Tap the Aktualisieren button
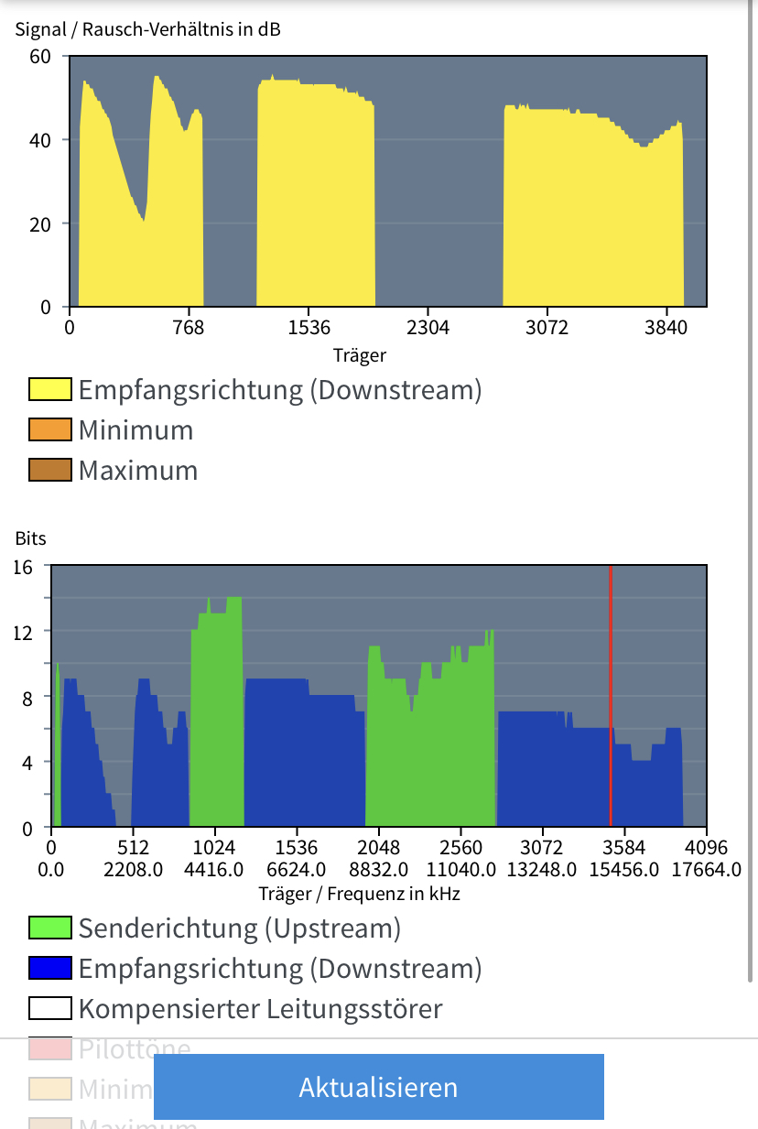378,1087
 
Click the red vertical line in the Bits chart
611,696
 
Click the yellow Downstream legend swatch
50,389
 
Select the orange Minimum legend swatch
50,429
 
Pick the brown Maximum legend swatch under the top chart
50,470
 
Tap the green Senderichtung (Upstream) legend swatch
50,928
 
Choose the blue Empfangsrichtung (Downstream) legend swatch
50,968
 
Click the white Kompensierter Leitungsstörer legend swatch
50,1008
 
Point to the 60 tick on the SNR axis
40,56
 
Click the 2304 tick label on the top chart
428,329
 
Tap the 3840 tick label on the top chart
666,329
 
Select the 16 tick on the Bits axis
23,566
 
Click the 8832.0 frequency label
379,869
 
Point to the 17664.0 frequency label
706,869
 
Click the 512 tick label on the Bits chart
134,847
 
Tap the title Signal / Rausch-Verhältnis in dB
148,29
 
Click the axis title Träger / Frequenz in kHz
359,893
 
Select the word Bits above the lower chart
30,538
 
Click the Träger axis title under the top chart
359,354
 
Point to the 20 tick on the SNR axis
40,223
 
